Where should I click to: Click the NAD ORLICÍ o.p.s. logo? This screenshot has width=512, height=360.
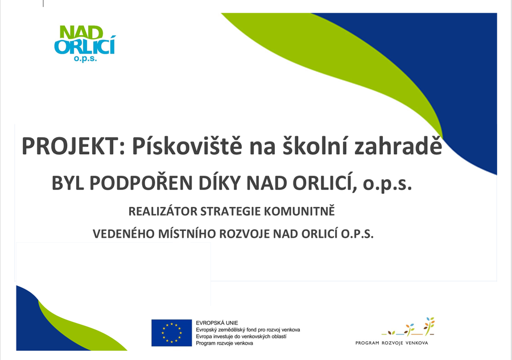click(x=85, y=44)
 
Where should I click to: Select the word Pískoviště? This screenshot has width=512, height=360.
click(x=187, y=146)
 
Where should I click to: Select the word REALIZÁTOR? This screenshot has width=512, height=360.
click(x=163, y=211)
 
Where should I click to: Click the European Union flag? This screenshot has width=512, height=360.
click(x=171, y=333)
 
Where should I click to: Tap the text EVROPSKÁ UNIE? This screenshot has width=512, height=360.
click(x=217, y=323)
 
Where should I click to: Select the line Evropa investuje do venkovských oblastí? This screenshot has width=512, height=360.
click(x=241, y=337)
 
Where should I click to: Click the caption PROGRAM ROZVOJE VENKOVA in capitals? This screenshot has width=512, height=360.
click(x=391, y=343)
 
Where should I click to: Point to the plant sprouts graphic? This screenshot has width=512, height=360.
click(x=408, y=326)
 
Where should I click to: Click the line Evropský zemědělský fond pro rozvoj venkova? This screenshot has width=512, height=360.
click(x=248, y=330)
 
